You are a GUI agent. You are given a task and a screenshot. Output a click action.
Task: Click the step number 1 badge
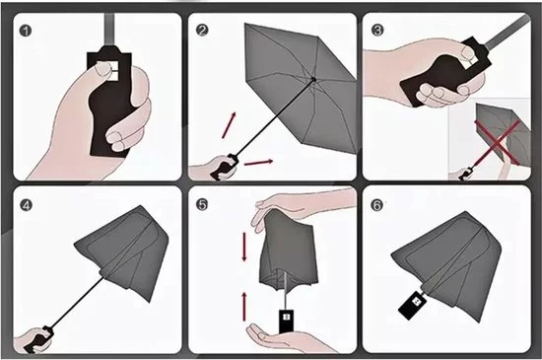pos(26,31)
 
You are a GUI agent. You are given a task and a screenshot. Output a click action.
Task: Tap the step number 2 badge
pos(202,31)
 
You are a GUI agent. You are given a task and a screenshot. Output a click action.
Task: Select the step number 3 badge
pos(377,30)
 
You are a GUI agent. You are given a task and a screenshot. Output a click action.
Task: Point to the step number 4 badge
pos(26,205)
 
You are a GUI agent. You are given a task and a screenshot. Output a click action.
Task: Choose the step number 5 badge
pos(202,204)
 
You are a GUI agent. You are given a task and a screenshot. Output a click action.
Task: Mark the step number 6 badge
pos(376,205)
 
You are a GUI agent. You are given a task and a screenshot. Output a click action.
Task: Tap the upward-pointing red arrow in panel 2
pos(229,125)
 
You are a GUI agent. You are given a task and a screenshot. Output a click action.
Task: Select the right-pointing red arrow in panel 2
pos(258,162)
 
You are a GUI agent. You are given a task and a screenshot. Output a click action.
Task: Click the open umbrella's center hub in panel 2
pos(313,80)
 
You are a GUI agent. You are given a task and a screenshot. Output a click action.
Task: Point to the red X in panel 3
pos(497,142)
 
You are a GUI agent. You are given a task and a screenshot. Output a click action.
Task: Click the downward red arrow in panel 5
pos(244,247)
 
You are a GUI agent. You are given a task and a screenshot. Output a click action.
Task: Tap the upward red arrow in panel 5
pos(244,307)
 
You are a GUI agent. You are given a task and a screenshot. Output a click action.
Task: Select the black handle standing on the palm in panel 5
pos(286,322)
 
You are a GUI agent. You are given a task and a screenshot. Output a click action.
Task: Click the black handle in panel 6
pos(413,306)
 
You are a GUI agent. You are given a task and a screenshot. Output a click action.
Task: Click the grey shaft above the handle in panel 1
pos(109,30)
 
